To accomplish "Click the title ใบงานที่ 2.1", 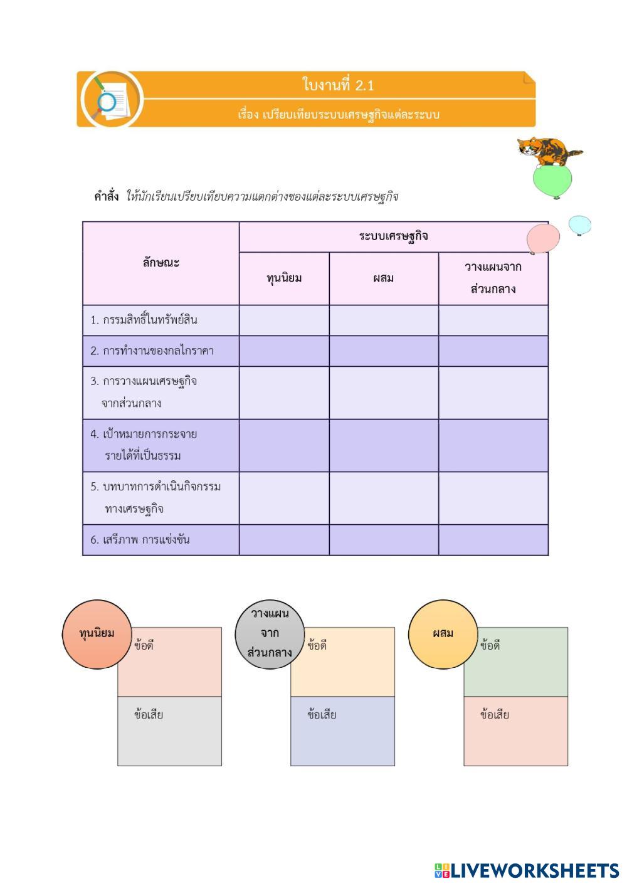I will click(338, 85).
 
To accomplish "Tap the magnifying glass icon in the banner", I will click(107, 101).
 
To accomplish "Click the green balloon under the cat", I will click(552, 181).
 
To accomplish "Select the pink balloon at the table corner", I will click(542, 239).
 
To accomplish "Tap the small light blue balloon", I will click(579, 225).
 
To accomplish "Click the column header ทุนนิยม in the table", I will click(284, 278).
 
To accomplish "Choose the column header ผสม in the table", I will click(383, 278).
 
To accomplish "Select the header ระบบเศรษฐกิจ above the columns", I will click(393, 236).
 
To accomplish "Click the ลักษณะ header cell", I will click(161, 263).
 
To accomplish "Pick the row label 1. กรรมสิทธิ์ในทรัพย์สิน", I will click(144, 320).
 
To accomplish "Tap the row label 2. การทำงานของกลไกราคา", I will click(152, 351).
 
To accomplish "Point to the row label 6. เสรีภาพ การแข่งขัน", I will click(140, 539).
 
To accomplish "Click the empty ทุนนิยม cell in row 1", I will click(284, 320).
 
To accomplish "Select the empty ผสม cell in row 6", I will click(383, 539).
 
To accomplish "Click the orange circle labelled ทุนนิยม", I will click(97, 633).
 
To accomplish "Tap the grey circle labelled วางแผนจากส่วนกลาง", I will click(270, 633).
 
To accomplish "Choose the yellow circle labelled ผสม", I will click(443, 633).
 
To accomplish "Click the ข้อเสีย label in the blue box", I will click(322, 715).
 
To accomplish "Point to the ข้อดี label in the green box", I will click(490, 645).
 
